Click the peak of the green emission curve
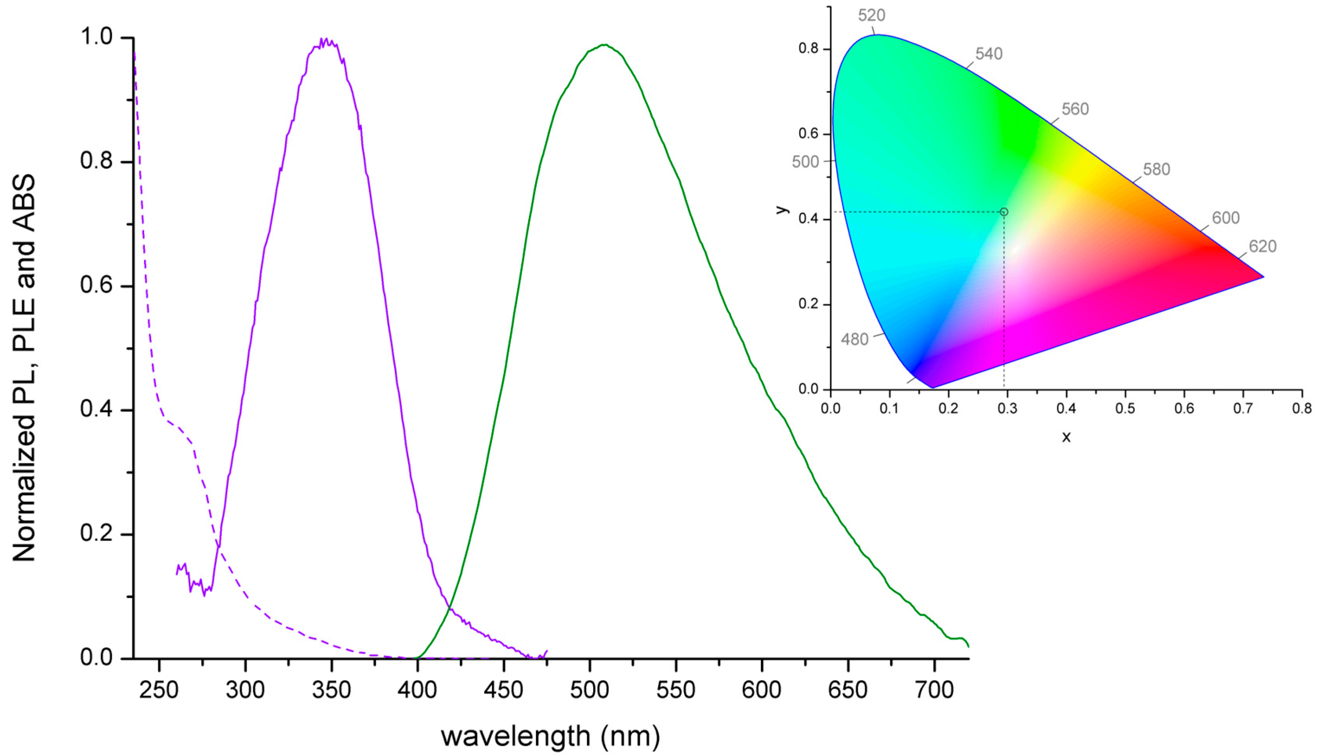click(605, 45)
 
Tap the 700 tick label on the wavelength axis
click(934, 690)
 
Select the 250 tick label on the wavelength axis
click(159, 690)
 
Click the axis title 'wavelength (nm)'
click(550, 736)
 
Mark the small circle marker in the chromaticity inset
click(1004, 212)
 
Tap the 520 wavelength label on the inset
click(871, 16)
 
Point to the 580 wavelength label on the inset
click(1157, 170)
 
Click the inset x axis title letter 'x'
click(1066, 437)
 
